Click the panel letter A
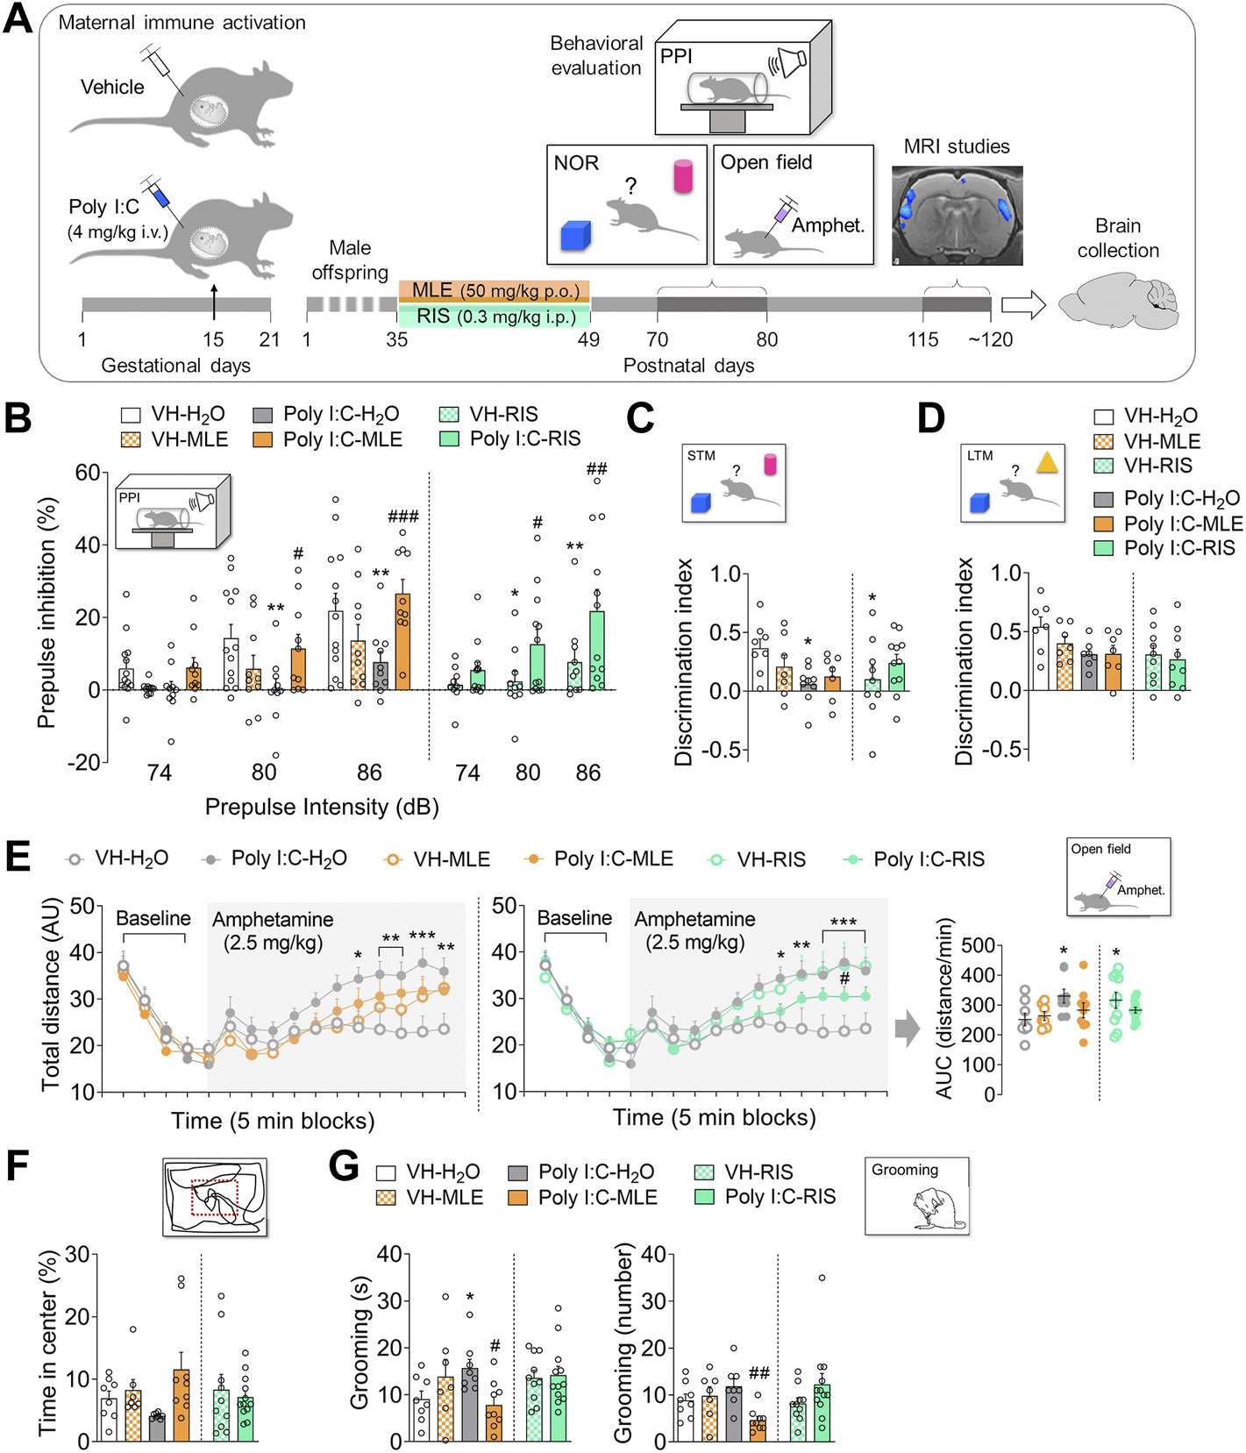tap(18, 19)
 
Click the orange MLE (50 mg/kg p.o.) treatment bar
tap(494, 291)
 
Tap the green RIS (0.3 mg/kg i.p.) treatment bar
tap(494, 317)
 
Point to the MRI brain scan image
tap(957, 216)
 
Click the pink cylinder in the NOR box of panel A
tap(683, 176)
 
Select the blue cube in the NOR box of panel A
tap(575, 235)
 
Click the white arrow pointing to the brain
tap(1023, 305)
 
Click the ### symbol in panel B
tap(402, 516)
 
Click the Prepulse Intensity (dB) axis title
tap(322, 807)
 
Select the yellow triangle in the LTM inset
tap(1046, 463)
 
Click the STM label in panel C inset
tap(701, 456)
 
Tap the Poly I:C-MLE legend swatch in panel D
tap(1104, 524)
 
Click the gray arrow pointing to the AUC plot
tap(908, 1029)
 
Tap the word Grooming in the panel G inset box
tap(904, 1170)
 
